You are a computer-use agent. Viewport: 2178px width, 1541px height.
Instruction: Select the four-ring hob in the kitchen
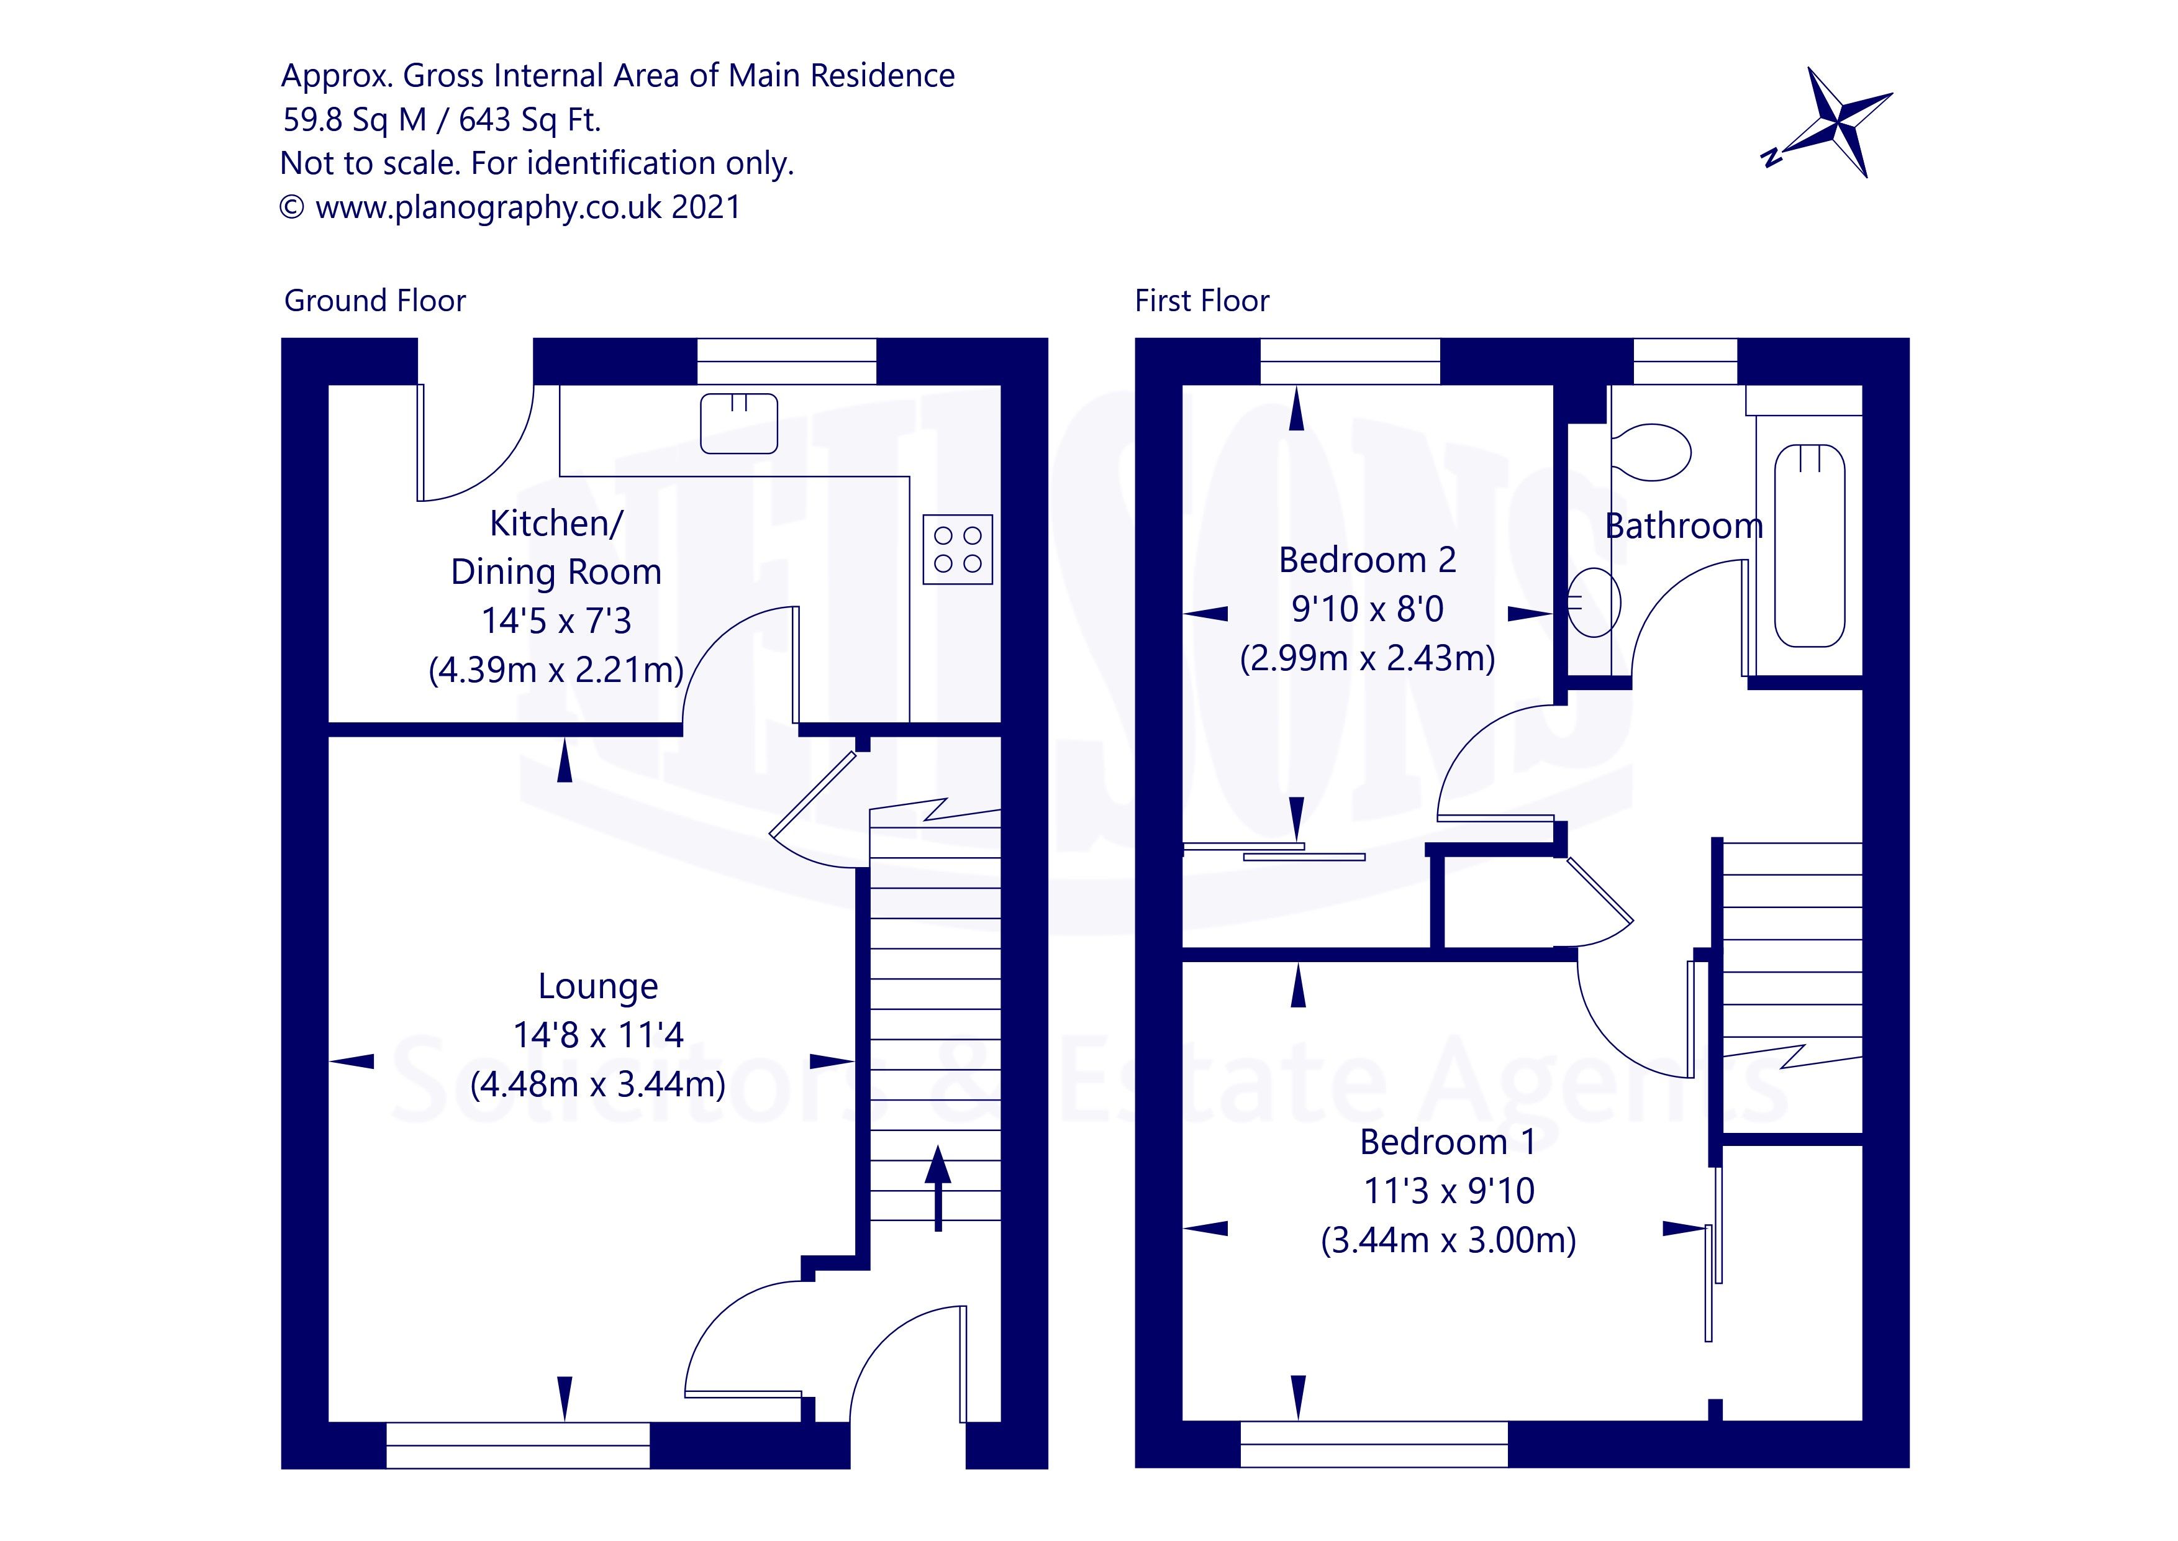click(957, 550)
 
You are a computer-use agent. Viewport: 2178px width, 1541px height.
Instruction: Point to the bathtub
click(1809, 545)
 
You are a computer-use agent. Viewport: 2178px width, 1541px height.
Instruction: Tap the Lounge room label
click(597, 986)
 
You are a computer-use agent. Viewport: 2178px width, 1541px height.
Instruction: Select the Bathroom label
click(1683, 525)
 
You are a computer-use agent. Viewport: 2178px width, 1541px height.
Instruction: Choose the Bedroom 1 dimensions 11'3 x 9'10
click(1448, 1191)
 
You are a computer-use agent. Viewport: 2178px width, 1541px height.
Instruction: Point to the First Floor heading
click(1202, 301)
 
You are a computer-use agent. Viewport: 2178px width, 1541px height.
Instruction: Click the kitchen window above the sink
click(786, 361)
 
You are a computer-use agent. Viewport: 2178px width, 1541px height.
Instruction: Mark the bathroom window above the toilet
click(1685, 361)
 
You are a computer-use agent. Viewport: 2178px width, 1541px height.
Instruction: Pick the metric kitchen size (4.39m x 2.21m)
click(556, 670)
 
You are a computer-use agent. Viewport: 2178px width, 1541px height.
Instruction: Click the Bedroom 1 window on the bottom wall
click(1374, 1444)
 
